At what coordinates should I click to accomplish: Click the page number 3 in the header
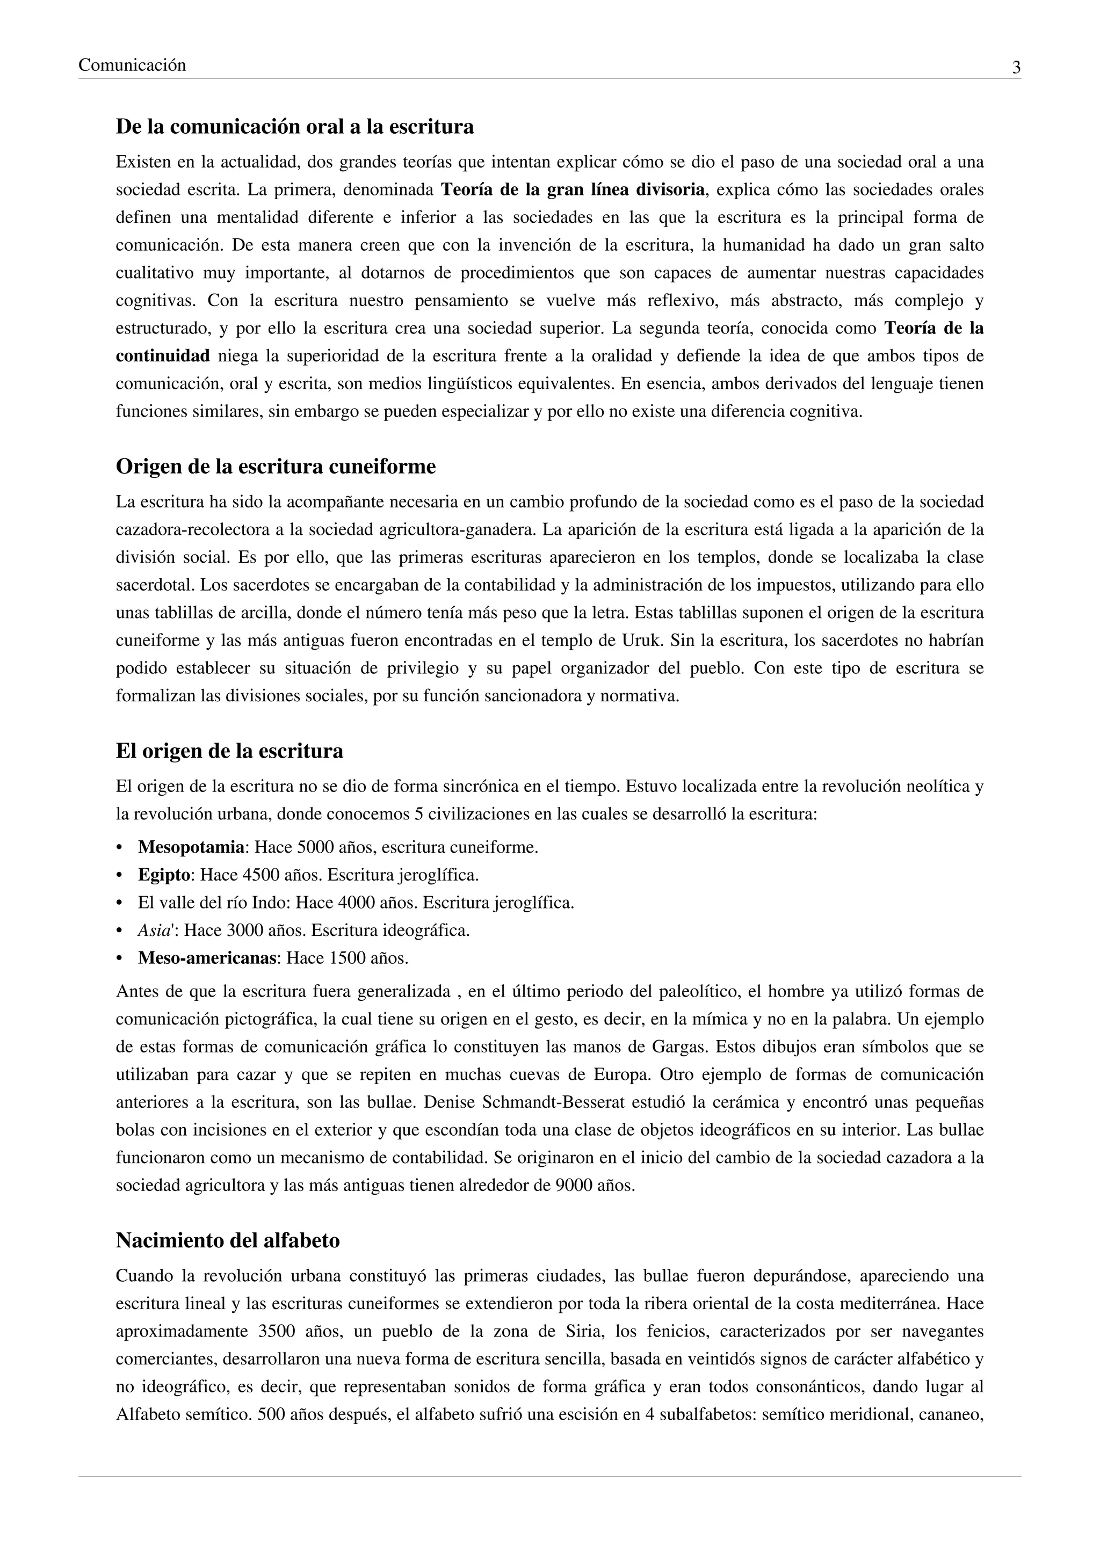(1016, 68)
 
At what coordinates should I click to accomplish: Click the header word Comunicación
(132, 66)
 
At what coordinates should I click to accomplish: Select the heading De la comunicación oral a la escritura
(295, 127)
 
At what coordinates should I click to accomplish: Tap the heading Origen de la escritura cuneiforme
(276, 467)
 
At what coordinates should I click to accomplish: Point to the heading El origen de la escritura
(230, 751)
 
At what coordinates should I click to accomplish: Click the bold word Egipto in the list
(164, 875)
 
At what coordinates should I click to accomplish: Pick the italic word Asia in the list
(153, 931)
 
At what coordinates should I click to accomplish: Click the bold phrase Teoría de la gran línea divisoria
(573, 190)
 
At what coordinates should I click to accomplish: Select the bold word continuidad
(163, 356)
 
